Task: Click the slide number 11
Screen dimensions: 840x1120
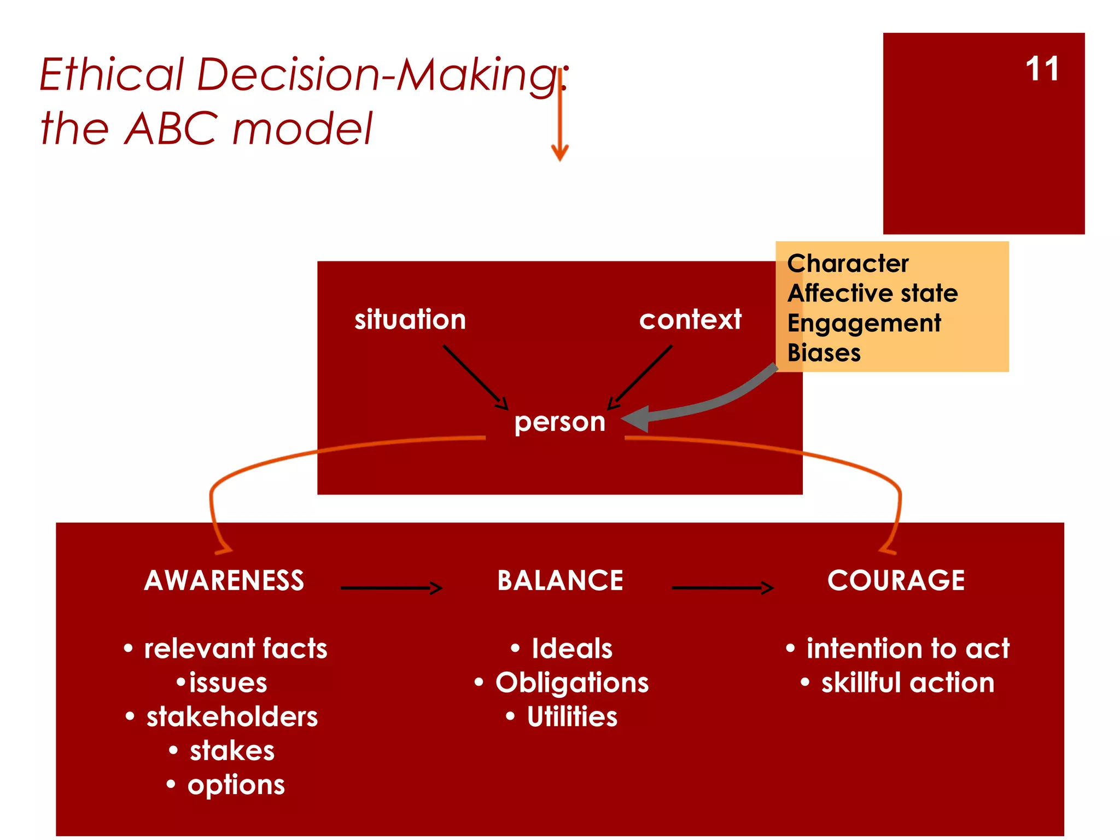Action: [x=1042, y=69]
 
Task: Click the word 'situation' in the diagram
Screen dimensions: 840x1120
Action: [x=410, y=319]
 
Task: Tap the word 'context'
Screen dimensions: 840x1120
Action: [x=690, y=319]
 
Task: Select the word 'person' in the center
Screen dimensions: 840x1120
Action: [x=559, y=422]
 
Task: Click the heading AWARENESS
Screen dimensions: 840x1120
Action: [x=224, y=580]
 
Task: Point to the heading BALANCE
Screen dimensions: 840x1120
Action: [x=560, y=580]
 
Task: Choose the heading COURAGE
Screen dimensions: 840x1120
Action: [x=896, y=580]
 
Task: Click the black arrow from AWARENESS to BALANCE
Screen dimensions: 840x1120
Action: [x=390, y=588]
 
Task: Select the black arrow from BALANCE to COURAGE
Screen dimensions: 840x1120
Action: [x=722, y=588]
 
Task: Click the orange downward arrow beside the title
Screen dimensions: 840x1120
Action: [x=560, y=120]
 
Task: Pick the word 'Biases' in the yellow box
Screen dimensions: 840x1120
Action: [x=824, y=353]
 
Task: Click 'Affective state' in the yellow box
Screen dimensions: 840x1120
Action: [x=872, y=293]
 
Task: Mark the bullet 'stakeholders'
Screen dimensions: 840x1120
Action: [x=232, y=717]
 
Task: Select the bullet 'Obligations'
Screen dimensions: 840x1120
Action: [x=571, y=683]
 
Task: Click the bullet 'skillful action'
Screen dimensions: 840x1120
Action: [x=907, y=683]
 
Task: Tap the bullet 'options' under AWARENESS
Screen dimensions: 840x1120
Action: [x=236, y=785]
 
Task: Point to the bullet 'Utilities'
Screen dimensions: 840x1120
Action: [x=571, y=717]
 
